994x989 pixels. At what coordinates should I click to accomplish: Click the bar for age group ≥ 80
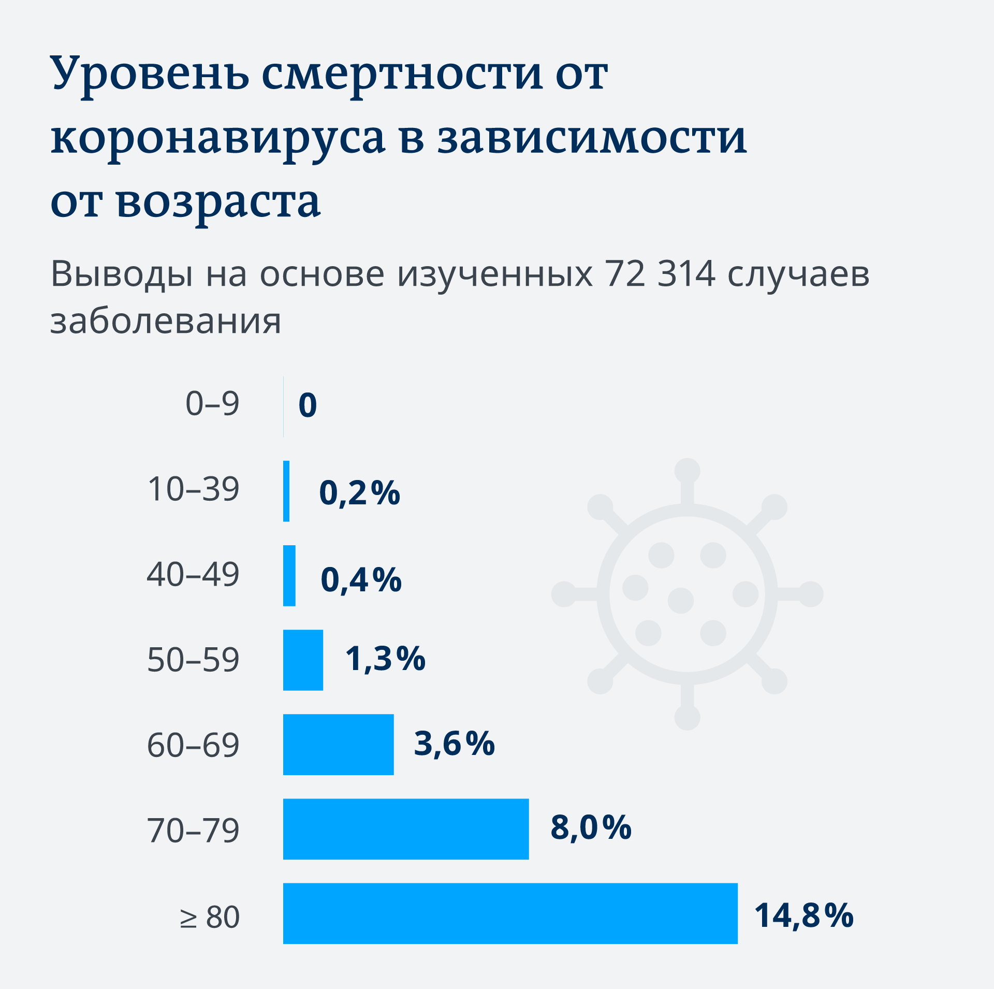pyautogui.click(x=510, y=913)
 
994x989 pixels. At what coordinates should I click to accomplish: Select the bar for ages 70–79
pyautogui.click(x=406, y=829)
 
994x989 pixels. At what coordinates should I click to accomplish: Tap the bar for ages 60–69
pyautogui.click(x=338, y=744)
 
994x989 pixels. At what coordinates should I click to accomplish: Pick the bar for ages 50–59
pyautogui.click(x=303, y=660)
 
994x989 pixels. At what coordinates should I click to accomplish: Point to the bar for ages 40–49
pyautogui.click(x=289, y=575)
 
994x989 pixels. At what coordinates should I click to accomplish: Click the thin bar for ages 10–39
pyautogui.click(x=286, y=491)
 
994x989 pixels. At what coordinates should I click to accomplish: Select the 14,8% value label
pyautogui.click(x=803, y=915)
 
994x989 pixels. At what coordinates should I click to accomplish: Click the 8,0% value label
pyautogui.click(x=591, y=827)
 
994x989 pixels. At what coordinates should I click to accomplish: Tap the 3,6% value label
pyautogui.click(x=454, y=744)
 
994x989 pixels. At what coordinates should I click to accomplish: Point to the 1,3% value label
pyautogui.click(x=385, y=659)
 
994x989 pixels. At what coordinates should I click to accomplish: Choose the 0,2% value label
pyautogui.click(x=359, y=492)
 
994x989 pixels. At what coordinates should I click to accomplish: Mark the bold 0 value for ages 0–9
pyautogui.click(x=308, y=405)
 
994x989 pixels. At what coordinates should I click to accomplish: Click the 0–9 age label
pyautogui.click(x=212, y=403)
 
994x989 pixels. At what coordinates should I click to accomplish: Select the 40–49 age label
pyautogui.click(x=193, y=574)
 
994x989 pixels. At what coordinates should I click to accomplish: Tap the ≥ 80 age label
pyautogui.click(x=210, y=917)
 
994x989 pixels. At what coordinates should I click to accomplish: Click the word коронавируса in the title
pyautogui.click(x=218, y=138)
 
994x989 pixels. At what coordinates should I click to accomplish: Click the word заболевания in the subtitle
pyautogui.click(x=166, y=321)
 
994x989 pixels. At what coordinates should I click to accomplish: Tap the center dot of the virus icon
pyautogui.click(x=680, y=600)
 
